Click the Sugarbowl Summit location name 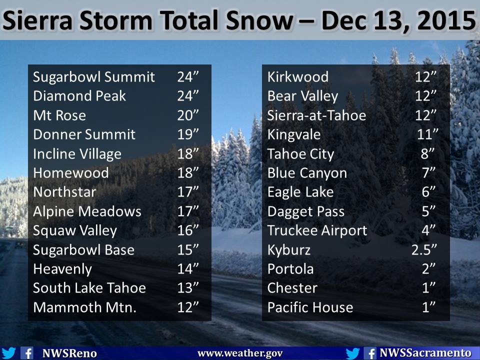pos(93,77)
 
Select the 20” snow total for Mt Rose pos(188,115)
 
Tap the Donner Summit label pos(84,134)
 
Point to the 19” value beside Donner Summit pos(188,134)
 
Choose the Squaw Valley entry pos(75,231)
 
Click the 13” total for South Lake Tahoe pos(188,288)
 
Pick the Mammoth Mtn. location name pos(84,307)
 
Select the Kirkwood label pos(298,77)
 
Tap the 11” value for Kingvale pos(427,134)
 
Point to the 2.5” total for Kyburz pos(424,250)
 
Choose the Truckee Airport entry pos(317,231)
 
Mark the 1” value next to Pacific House pos(428,307)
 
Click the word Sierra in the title pos(37,20)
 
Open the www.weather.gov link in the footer pos(240,353)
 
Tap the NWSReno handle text pos(69,353)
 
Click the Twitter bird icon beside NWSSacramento pos(352,353)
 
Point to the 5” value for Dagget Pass pos(428,211)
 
